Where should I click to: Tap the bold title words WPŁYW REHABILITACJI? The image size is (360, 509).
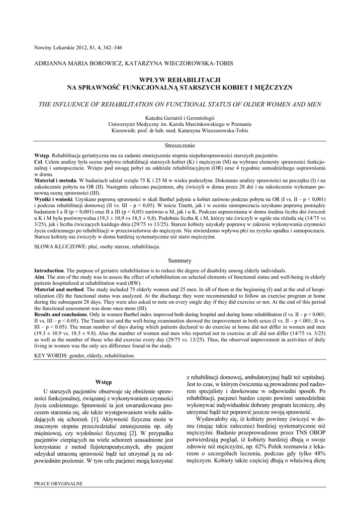[180, 80]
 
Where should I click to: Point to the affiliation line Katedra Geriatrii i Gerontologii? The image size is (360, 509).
[180, 117]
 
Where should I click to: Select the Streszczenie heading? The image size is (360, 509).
[180, 145]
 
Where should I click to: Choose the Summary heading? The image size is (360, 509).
[180, 260]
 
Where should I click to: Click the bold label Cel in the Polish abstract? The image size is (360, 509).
[38, 163]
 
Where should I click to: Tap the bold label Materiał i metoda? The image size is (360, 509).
[55, 180]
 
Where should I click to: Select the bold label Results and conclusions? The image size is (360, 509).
[65, 316]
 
